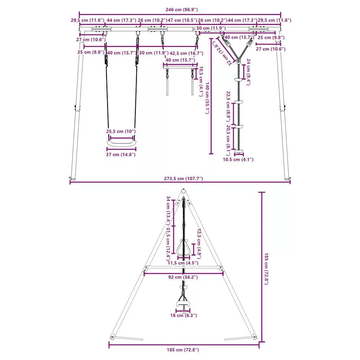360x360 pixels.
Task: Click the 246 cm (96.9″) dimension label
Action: pyautogui.click(x=181, y=9)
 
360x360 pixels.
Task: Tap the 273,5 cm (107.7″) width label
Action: pyautogui.click(x=183, y=178)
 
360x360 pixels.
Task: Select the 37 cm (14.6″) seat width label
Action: pyautogui.click(x=121, y=155)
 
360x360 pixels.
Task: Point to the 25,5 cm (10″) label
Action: pyautogui.click(x=121, y=131)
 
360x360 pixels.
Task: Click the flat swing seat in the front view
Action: pyautogui.click(x=121, y=143)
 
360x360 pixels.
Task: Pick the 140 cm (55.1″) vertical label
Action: pyautogui.click(x=207, y=98)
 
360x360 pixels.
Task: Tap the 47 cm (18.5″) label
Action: pyautogui.click(x=182, y=20)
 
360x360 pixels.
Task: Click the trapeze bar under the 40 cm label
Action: pyautogui.click(x=180, y=66)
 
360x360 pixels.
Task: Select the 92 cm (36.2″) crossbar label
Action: pyautogui.click(x=183, y=277)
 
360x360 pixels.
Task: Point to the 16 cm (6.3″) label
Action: pyautogui.click(x=184, y=315)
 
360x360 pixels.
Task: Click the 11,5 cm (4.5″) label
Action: pyautogui.click(x=183, y=263)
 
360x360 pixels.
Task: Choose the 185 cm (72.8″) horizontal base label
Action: pyautogui.click(x=183, y=350)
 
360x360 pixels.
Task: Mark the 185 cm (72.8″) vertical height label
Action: pyautogui.click(x=266, y=269)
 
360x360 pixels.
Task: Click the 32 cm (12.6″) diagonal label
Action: pyautogui.click(x=222, y=53)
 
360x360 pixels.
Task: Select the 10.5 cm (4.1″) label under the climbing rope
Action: pyautogui.click(x=238, y=159)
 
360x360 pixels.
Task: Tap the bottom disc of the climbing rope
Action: pyautogui.click(x=239, y=151)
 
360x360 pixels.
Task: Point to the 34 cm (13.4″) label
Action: pyautogui.click(x=168, y=211)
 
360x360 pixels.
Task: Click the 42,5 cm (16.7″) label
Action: pyautogui.click(x=186, y=53)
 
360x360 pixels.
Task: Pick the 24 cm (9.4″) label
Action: pyautogui.click(x=249, y=72)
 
